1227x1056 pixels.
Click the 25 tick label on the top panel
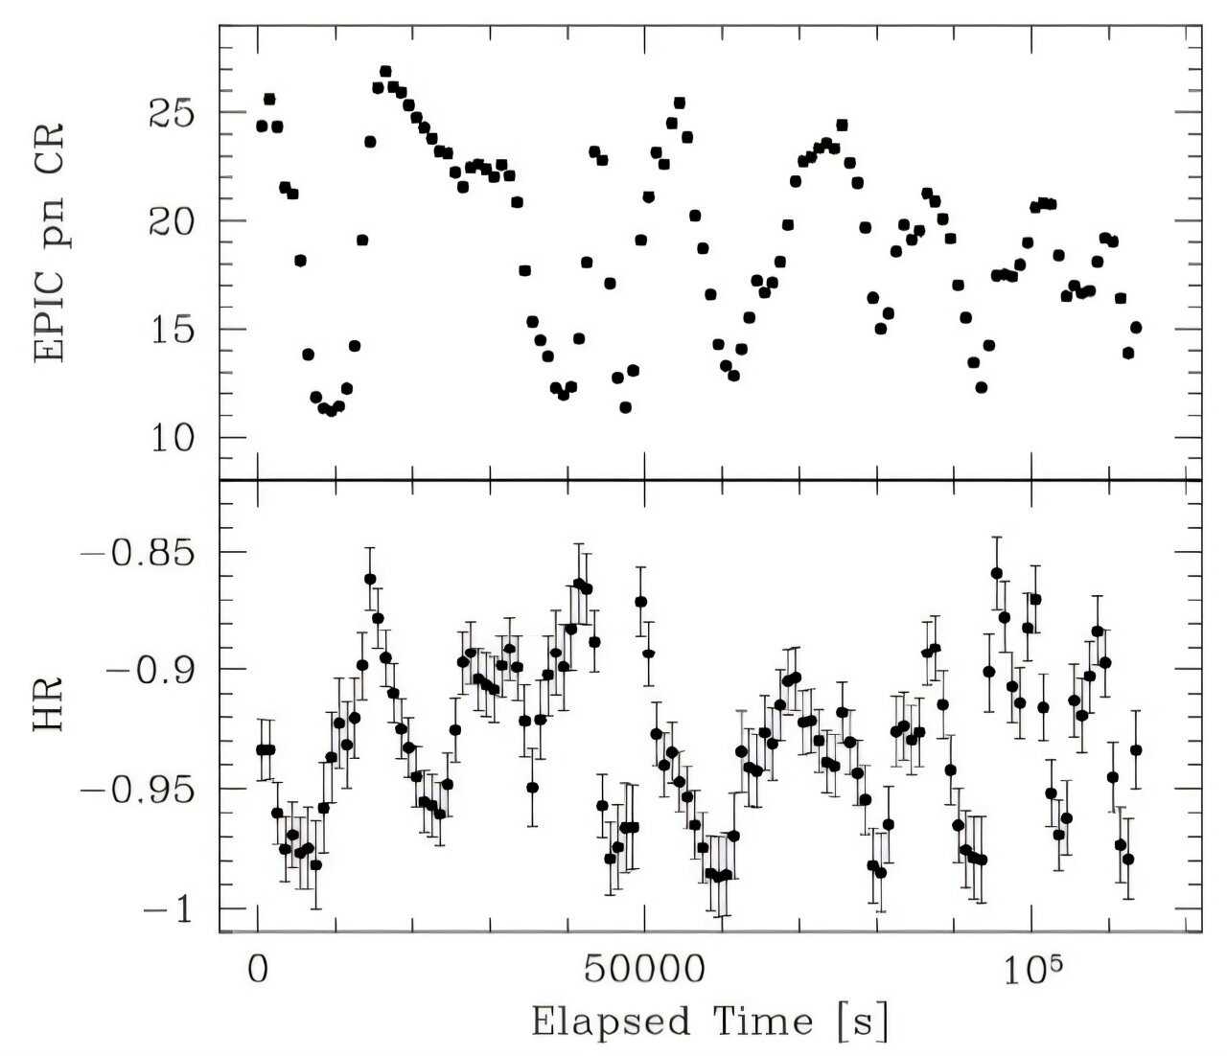(171, 113)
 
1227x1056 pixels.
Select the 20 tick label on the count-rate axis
(171, 221)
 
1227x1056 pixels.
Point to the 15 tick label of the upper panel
(173, 330)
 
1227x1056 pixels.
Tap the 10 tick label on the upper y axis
(173, 439)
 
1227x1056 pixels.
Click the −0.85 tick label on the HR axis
(138, 553)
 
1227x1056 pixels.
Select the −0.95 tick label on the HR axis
(138, 791)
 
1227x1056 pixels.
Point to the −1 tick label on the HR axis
(169, 909)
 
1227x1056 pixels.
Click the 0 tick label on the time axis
(258, 970)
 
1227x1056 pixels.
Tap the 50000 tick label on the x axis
(645, 970)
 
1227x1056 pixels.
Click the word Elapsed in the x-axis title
(611, 1022)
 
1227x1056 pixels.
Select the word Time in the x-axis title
(763, 1021)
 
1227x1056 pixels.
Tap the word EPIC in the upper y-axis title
(49, 323)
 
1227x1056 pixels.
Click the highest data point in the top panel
(386, 71)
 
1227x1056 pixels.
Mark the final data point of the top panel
(1136, 328)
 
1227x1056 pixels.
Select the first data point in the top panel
(262, 126)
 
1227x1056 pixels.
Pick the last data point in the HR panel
(1136, 750)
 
